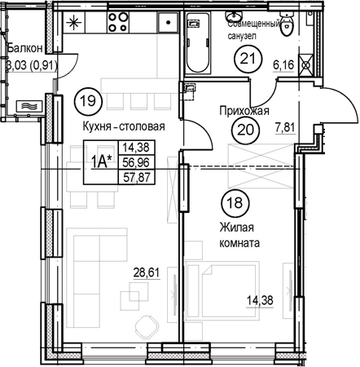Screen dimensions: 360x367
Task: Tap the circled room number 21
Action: [x=248, y=58]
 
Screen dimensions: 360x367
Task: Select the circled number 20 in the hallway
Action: [x=246, y=130]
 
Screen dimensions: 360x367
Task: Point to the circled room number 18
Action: [x=235, y=202]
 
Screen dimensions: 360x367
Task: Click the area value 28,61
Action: [x=147, y=272]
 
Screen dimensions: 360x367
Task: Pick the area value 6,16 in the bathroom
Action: [x=284, y=65]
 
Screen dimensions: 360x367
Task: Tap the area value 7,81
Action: [x=285, y=127]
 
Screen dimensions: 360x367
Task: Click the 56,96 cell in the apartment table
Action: [x=137, y=162]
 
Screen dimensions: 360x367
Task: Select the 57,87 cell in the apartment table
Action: [x=137, y=178]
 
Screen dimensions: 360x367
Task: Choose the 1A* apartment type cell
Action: [x=101, y=162]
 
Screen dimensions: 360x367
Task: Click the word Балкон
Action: [x=25, y=48]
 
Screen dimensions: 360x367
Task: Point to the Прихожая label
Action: [x=244, y=111]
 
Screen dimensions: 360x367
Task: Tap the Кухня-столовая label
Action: [x=124, y=126]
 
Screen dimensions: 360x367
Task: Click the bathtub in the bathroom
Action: [x=199, y=43]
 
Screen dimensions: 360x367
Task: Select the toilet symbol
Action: [x=287, y=24]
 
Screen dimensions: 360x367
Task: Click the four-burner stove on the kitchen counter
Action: [x=118, y=22]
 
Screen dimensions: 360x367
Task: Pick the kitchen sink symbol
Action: [x=168, y=23]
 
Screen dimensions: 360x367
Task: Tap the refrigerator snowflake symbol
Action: [x=74, y=23]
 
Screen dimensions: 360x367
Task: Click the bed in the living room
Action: [x=222, y=291]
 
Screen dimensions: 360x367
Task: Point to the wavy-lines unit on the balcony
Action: [x=29, y=106]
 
